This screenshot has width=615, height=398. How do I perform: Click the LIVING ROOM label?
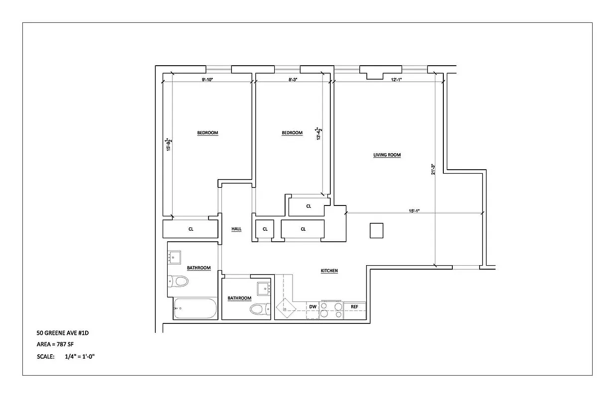click(387, 155)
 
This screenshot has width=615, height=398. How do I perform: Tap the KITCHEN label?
click(329, 271)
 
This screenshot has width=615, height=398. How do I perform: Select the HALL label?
click(236, 229)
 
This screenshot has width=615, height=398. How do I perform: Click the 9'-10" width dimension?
click(207, 80)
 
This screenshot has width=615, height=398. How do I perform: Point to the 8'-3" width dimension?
click(293, 80)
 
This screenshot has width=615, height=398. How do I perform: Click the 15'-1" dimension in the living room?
click(414, 211)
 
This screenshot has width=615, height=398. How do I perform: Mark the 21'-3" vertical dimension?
click(433, 169)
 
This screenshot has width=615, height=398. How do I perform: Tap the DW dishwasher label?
click(312, 306)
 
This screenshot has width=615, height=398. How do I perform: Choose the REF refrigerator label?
click(354, 306)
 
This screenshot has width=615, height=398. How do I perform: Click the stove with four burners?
click(331, 309)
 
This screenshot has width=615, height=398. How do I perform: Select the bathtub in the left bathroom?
click(196, 308)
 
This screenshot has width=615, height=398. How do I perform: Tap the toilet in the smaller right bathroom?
click(258, 309)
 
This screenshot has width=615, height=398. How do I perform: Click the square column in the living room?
click(376, 231)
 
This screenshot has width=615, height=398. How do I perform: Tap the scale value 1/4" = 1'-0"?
click(79, 357)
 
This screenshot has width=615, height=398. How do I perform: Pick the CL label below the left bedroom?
click(191, 229)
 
